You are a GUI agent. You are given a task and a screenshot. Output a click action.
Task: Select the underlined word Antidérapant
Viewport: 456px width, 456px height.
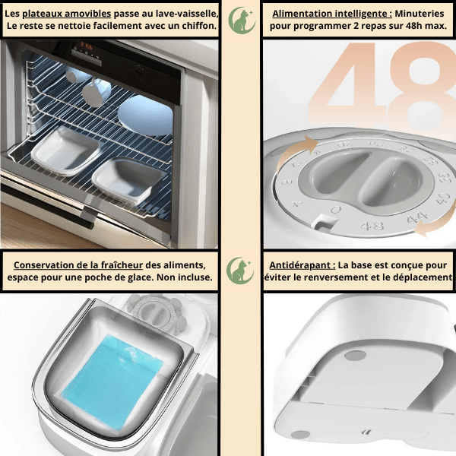[x=302, y=265]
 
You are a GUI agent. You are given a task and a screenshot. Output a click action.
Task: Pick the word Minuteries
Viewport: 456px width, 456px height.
[x=419, y=14]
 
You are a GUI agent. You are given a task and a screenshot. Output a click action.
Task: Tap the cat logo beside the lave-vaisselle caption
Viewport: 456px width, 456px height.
[x=241, y=21]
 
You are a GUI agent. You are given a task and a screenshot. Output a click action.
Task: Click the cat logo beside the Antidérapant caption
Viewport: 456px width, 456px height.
[x=240, y=271]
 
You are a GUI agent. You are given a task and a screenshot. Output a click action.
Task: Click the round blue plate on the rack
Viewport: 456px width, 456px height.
[x=145, y=116]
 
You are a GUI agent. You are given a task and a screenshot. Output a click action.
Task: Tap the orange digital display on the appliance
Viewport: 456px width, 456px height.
[x=87, y=46]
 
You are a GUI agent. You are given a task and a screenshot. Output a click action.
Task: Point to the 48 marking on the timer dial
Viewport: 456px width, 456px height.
[x=372, y=226]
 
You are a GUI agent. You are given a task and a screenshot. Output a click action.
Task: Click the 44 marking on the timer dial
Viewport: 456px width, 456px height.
[x=416, y=217]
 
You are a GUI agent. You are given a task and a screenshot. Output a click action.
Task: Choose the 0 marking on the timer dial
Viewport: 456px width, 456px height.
[x=336, y=210]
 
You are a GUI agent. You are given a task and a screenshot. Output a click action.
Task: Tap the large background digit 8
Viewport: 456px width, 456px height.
[x=423, y=87]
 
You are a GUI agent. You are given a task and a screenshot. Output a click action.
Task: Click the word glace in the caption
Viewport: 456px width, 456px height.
[x=140, y=277]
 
